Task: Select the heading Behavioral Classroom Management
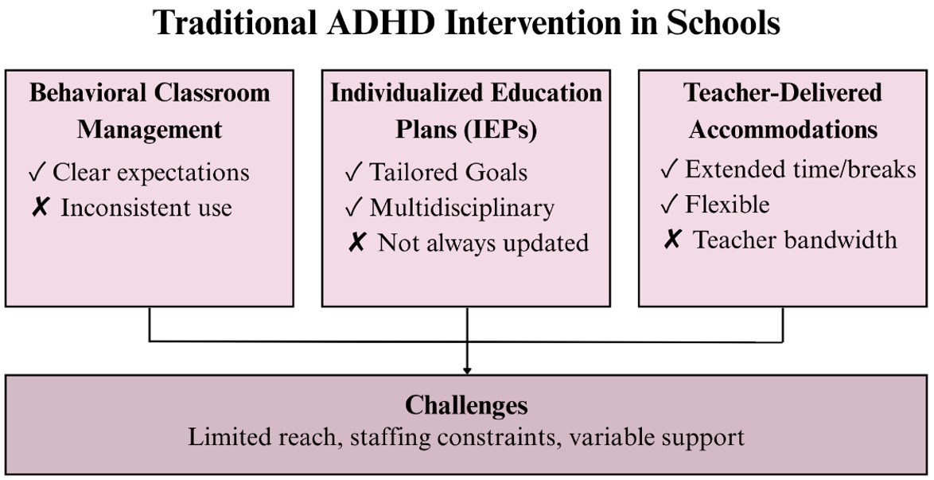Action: pyautogui.click(x=150, y=111)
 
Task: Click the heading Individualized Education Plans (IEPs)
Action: pyautogui.click(x=466, y=111)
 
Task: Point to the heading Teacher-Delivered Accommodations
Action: pyautogui.click(x=784, y=111)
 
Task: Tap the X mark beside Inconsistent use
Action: pyautogui.click(x=39, y=208)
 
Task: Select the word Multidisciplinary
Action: pyautogui.click(x=462, y=208)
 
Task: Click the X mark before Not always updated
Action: pyautogui.click(x=356, y=243)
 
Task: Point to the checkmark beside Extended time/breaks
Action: pyautogui.click(x=670, y=170)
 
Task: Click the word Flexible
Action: pyautogui.click(x=727, y=205)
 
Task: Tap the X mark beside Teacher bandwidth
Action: pyautogui.click(x=672, y=240)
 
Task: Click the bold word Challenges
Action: pyautogui.click(x=466, y=406)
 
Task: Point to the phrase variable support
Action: pyautogui.click(x=656, y=438)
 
